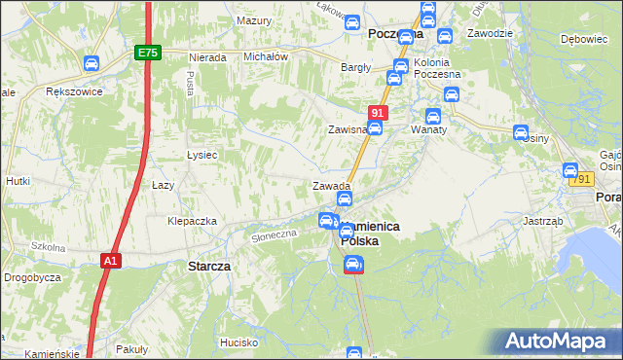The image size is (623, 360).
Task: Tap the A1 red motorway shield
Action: (x=111, y=261)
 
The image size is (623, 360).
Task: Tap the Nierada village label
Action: (x=208, y=57)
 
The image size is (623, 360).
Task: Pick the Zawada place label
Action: (x=331, y=186)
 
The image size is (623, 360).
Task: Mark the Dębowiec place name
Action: (x=584, y=40)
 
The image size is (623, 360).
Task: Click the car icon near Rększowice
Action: (x=91, y=64)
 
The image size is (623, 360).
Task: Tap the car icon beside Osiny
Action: (x=521, y=132)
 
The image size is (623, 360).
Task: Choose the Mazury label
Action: (x=254, y=20)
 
